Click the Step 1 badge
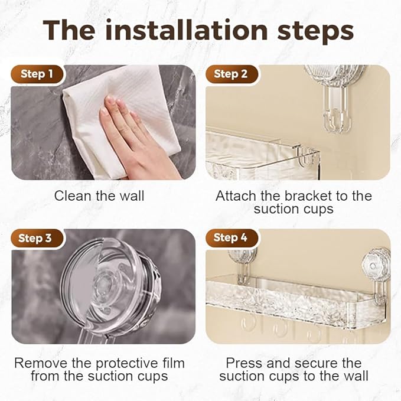[x=37, y=74]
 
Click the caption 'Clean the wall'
[x=99, y=195]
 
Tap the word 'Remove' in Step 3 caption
[x=37, y=363]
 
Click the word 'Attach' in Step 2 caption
[x=235, y=195]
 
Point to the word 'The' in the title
[x=70, y=30]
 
